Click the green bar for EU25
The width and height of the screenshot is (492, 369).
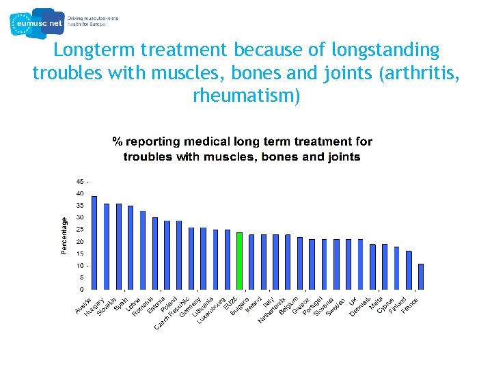click(x=239, y=261)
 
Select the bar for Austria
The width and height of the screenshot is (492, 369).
click(x=94, y=243)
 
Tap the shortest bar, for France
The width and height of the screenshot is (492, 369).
click(x=421, y=277)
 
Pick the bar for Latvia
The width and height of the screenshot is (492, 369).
click(x=143, y=250)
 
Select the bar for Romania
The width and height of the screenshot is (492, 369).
click(x=155, y=254)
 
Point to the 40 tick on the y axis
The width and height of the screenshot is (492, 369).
click(x=80, y=193)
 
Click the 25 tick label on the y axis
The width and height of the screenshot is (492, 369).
click(x=80, y=230)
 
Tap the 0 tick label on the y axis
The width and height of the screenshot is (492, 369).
click(x=82, y=290)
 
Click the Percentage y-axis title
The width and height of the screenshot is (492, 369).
click(x=65, y=236)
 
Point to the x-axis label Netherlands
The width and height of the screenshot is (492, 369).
click(x=271, y=311)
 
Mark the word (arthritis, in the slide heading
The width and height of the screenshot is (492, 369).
click(x=417, y=73)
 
